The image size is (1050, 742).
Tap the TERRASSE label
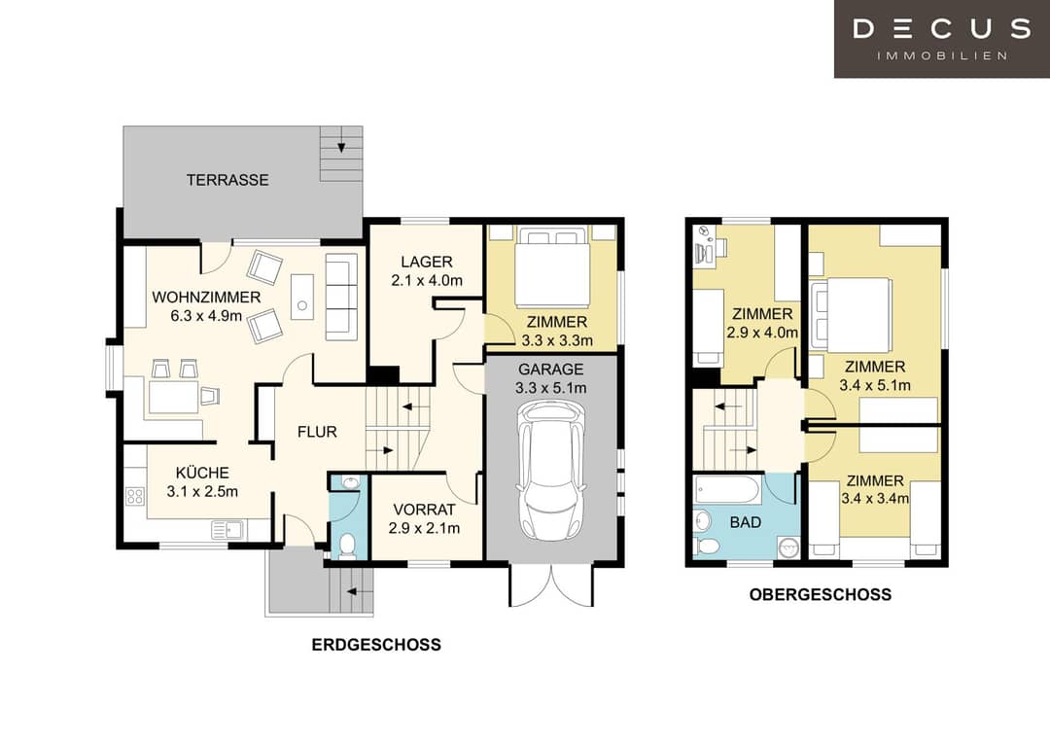point(227,180)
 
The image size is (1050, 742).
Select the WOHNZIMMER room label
point(206,297)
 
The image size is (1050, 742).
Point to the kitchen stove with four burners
point(134,496)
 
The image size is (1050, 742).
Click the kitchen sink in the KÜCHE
point(227,530)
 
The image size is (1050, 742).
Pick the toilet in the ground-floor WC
point(347,546)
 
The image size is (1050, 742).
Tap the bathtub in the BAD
point(726,489)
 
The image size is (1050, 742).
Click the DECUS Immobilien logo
point(941,38)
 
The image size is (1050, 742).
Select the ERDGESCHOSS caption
point(376,644)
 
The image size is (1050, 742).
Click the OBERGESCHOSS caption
point(821,594)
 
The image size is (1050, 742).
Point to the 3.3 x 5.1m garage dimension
point(551,388)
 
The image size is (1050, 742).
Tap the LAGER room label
point(427,262)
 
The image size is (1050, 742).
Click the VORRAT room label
point(425,510)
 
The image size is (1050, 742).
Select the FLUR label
point(317,432)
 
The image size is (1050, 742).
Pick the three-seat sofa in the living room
point(341,297)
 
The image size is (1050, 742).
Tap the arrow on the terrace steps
point(341,147)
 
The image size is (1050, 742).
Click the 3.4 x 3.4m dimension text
point(875,498)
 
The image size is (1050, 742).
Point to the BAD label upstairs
point(746,522)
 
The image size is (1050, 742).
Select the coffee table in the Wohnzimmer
point(302,297)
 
